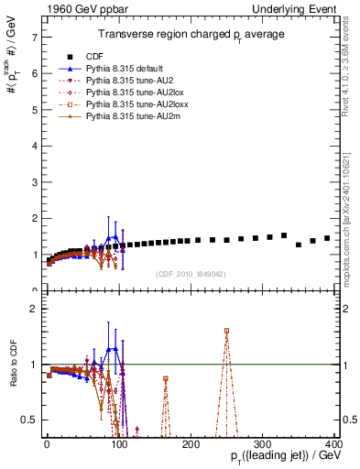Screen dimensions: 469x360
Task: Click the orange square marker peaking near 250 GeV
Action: coord(226,331)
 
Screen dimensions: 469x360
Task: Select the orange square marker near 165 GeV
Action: coord(166,378)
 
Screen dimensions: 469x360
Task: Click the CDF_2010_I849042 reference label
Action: coord(191,273)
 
